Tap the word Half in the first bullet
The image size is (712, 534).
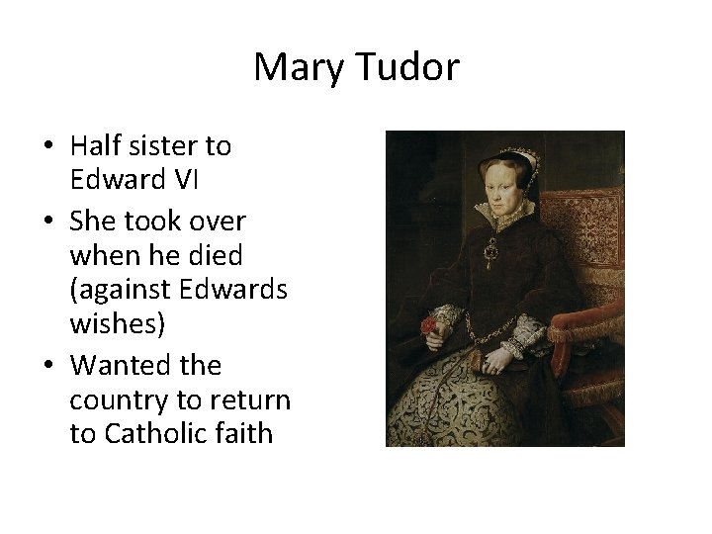coord(96,146)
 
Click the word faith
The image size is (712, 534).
coord(243,433)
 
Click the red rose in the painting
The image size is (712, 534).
coord(429,325)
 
